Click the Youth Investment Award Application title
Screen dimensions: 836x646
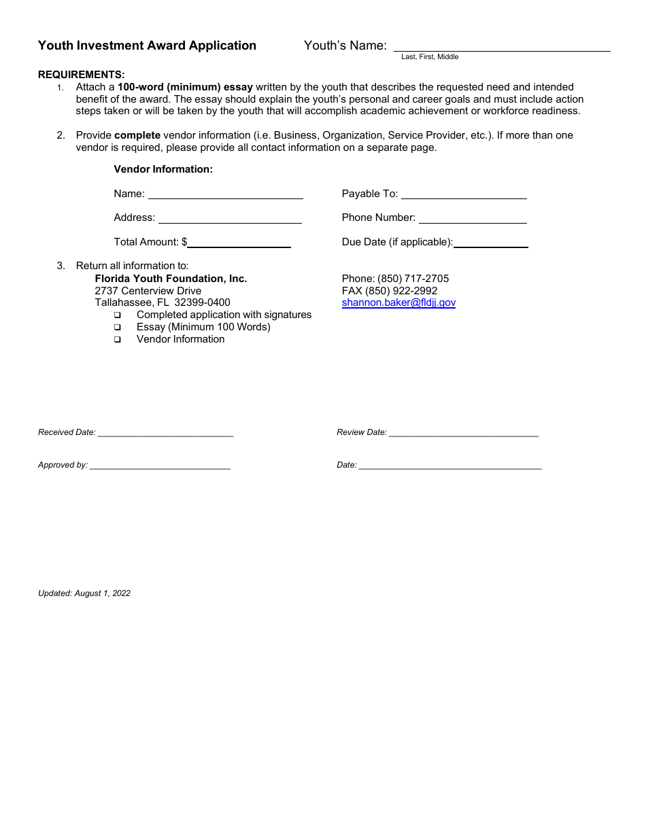pyautogui.click(x=147, y=46)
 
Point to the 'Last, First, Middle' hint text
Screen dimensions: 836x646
pyautogui.click(x=430, y=57)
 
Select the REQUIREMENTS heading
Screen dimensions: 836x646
pyautogui.click(x=82, y=75)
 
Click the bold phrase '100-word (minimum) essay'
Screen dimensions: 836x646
pyautogui.click(x=185, y=87)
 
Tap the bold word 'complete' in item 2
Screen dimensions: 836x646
pyautogui.click(x=137, y=135)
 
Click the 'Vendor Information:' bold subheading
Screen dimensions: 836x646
pyautogui.click(x=163, y=169)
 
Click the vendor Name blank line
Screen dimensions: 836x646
pyautogui.click(x=226, y=196)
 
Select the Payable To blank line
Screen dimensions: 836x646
pyautogui.click(x=464, y=196)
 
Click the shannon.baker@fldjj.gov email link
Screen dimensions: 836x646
pyautogui.click(x=398, y=303)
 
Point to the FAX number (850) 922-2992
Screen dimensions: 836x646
pyautogui.click(x=390, y=291)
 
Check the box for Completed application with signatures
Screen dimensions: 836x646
pyautogui.click(x=118, y=315)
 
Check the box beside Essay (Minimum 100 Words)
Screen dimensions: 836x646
pyautogui.click(x=118, y=328)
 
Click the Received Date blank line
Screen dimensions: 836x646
pyautogui.click(x=165, y=434)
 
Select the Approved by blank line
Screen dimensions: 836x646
pyautogui.click(x=160, y=466)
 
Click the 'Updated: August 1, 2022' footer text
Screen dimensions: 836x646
pyautogui.click(x=84, y=593)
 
